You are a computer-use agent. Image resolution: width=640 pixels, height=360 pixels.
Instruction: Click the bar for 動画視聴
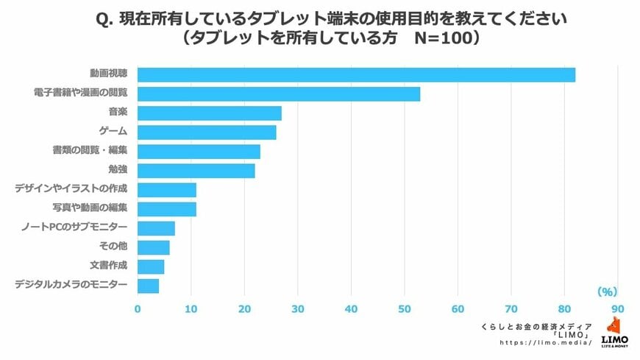(356, 74)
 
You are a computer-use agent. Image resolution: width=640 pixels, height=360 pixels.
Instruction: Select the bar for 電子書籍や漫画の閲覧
(279, 93)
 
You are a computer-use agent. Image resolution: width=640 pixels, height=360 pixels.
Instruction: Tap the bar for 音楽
(210, 113)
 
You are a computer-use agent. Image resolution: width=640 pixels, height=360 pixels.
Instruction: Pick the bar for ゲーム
(207, 132)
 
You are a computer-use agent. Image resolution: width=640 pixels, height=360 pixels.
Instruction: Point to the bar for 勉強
(196, 170)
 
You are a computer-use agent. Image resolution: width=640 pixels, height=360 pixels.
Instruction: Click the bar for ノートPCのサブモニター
(156, 227)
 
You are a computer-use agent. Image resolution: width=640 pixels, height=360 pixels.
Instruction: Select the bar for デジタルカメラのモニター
(148, 285)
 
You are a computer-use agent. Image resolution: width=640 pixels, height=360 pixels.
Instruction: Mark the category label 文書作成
(110, 266)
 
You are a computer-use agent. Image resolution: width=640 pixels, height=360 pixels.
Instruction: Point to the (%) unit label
(607, 291)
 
